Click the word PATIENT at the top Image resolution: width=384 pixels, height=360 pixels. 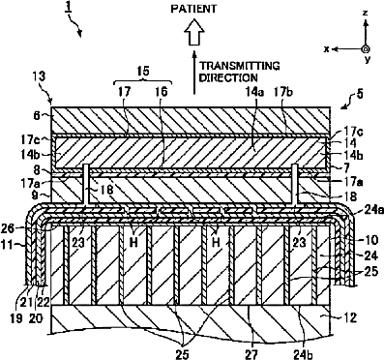(194, 9)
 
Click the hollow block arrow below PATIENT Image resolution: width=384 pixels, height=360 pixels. (194, 32)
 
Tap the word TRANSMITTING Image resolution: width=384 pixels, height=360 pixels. (239, 66)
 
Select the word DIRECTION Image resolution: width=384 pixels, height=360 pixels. (228, 77)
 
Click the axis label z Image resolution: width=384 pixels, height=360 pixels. (365, 14)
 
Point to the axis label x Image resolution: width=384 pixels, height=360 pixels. (327, 49)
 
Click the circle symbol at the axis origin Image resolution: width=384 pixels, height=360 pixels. (366, 49)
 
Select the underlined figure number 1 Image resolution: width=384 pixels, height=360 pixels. (69, 8)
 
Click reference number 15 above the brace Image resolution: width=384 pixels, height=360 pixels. (142, 72)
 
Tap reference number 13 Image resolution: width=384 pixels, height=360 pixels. (39, 76)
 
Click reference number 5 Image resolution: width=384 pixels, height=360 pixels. (360, 95)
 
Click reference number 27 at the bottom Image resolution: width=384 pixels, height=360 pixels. (251, 354)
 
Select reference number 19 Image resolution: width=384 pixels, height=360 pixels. (16, 318)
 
